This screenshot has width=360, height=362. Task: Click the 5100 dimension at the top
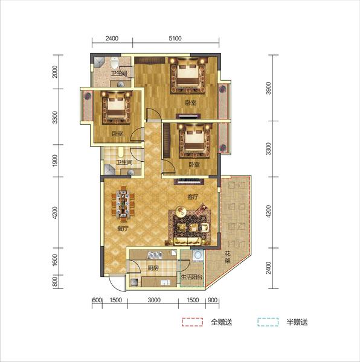175,39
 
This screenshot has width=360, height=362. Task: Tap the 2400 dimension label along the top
112,39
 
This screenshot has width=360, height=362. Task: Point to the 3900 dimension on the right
268,88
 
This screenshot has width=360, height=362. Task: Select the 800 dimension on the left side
55,282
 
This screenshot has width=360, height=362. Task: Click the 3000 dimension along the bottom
154,300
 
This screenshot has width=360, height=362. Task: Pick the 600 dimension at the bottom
97,300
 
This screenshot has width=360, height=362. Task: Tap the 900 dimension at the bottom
213,300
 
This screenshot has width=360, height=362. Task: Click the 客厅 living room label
193,197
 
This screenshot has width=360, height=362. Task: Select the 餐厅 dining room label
123,229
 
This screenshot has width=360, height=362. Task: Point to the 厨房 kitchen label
153,268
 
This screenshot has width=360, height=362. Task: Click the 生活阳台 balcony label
191,277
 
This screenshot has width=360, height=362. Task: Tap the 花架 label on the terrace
228,257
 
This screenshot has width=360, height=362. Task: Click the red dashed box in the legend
192,322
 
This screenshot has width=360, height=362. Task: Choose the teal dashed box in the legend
268,322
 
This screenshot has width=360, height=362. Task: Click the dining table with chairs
123,205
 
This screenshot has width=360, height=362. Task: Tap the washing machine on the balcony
198,255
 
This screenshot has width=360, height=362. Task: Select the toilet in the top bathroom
115,62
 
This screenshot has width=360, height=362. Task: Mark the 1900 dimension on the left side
55,160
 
